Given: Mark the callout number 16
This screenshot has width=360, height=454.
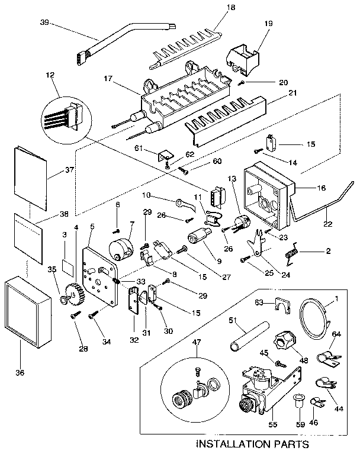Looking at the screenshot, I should point(322,188).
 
